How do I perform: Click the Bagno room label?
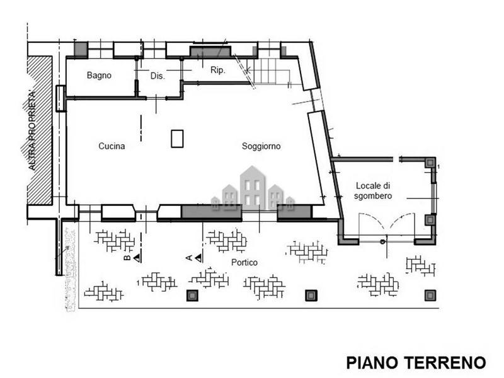99,76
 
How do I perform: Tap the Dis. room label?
157,76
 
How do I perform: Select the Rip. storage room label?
217,70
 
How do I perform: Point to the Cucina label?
112,146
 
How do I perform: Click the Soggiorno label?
261,146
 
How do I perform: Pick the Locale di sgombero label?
373,191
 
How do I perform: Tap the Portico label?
244,263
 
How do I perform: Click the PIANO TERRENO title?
416,363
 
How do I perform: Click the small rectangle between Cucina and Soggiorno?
177,139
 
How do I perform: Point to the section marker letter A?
189,258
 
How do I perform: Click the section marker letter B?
127,258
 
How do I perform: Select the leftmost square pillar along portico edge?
192,295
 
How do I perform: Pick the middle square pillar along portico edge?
311,295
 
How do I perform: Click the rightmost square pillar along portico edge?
430,295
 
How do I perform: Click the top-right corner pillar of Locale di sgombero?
430,163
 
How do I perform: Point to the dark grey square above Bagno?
81,50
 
